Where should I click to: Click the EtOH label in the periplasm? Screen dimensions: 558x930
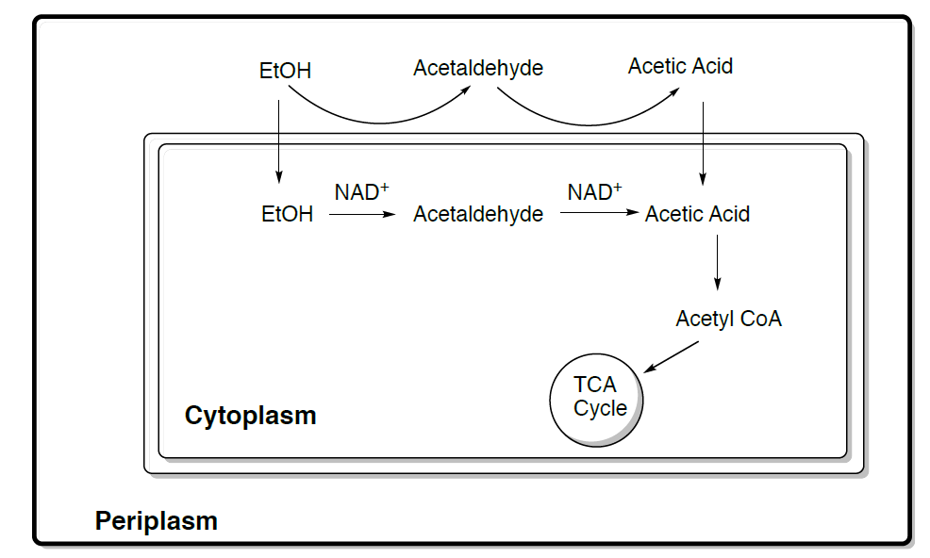coord(285,71)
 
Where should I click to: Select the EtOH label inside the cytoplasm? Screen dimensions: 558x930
coord(287,215)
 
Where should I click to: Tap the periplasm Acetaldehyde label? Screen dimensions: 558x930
coord(478,68)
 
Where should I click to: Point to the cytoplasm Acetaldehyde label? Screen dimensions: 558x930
coord(478,215)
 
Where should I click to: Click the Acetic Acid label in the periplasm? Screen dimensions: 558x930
coord(680,66)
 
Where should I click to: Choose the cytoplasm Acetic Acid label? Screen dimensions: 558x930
coord(697,215)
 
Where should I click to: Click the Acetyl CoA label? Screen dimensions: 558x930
coord(728,319)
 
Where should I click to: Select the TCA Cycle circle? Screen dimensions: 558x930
coord(596,398)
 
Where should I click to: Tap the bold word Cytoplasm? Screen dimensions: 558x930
coord(250,416)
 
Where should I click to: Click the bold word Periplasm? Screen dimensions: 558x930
coord(156,520)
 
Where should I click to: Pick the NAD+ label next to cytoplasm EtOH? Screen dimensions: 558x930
coord(361,192)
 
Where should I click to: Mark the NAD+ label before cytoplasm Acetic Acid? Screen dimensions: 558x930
coord(594,192)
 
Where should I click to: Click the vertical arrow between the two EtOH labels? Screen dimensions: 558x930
coord(278,141)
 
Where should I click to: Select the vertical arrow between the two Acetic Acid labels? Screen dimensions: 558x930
coord(703,141)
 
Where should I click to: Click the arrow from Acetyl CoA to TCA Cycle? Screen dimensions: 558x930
coord(671,356)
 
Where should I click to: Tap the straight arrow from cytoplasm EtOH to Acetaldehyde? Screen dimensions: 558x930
coord(362,215)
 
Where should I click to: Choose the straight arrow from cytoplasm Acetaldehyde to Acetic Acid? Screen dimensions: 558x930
coord(599,214)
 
